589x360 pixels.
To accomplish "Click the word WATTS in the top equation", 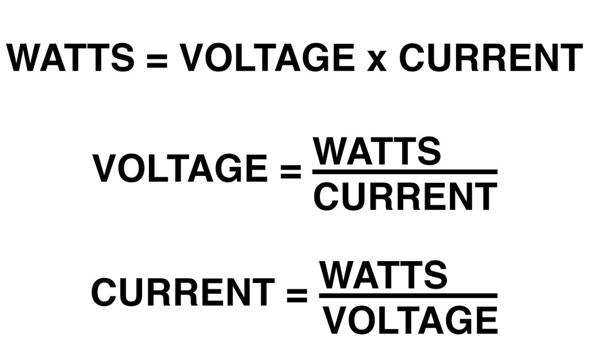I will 70,58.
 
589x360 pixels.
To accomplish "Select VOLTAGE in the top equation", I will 267,58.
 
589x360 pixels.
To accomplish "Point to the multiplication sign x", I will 377,60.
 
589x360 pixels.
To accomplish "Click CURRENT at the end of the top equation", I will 491,58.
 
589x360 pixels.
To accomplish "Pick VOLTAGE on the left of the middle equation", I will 179,168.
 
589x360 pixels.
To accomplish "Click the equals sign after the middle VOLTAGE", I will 290,170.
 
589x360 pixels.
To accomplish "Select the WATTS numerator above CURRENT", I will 377,151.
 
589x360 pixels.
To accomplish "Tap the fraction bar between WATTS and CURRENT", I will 404,172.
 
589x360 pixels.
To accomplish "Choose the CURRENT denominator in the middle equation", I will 405,196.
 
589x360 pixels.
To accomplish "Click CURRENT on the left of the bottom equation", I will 182,292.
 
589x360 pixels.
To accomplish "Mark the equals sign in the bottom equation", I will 297,294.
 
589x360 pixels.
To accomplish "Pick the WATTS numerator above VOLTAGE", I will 384,274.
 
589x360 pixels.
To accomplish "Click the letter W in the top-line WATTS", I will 26,58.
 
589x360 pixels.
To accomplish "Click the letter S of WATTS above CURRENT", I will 429,151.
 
